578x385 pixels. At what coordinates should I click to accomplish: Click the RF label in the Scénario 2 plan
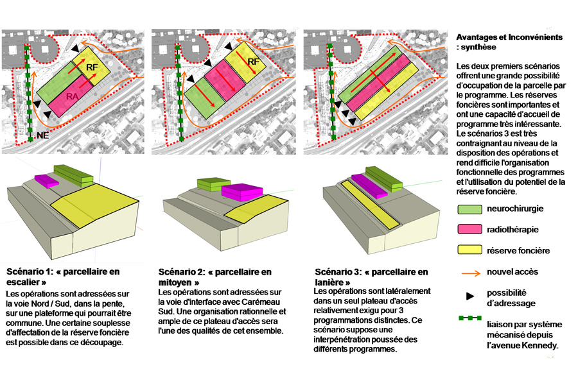[253, 62]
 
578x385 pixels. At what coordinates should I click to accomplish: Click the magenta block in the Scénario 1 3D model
[46, 180]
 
